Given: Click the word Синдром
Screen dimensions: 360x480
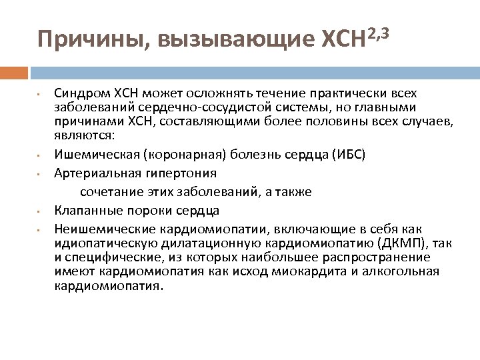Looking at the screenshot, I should click(77, 93).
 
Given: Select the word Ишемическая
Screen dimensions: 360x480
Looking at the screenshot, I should click(89, 154).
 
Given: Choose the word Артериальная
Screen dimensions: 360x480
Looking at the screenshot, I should click(89, 173).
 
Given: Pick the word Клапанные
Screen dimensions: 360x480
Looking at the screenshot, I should click(81, 211).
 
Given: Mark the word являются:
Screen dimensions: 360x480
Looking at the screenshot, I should click(85, 135).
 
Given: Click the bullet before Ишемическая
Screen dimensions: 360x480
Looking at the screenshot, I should click(40, 155).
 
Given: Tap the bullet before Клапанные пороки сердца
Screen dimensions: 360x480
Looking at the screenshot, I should click(40, 211).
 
